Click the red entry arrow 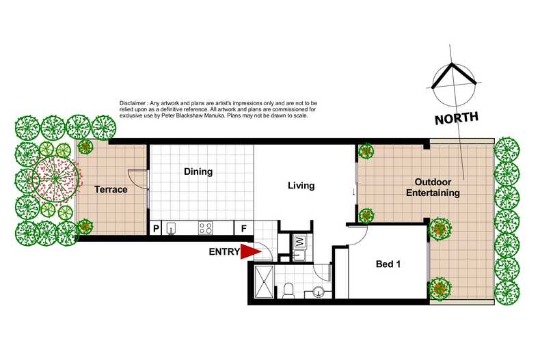251,252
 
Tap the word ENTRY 224,252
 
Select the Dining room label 198,172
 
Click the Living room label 301,185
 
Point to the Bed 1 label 388,264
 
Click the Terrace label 111,189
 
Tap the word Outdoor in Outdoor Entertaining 432,182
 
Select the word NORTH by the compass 457,118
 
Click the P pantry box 156,228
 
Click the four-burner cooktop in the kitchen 205,228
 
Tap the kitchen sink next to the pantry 172,228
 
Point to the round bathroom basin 319,293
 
